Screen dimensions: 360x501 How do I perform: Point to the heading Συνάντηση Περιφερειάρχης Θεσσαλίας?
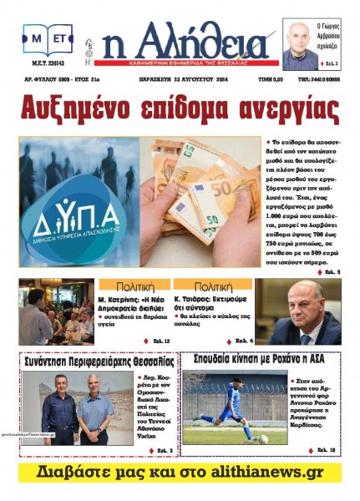[98, 362]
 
